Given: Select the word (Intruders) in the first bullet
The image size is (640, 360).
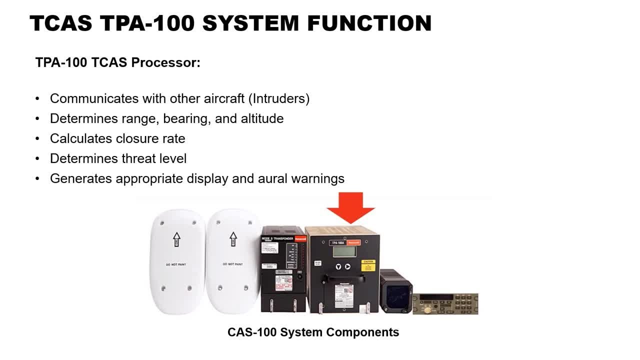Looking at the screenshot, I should tap(279, 98).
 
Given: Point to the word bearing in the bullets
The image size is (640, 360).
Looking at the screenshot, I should tap(184, 118).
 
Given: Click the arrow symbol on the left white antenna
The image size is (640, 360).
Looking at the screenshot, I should tap(176, 239).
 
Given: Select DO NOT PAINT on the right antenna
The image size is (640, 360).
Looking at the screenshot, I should tap(232, 264).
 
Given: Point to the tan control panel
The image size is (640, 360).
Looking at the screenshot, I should tap(445, 303).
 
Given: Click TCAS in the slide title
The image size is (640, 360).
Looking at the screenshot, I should tap(61, 23).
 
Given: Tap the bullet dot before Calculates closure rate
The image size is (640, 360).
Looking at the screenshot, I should tap(37, 138).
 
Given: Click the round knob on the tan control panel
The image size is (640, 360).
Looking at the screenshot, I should tap(428, 310).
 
